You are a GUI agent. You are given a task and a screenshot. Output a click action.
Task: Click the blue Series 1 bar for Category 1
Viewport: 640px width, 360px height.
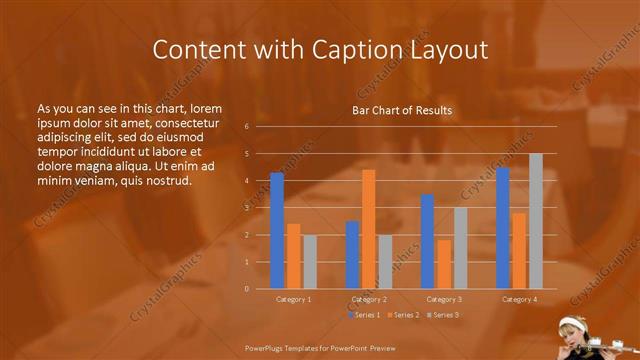tap(277, 231)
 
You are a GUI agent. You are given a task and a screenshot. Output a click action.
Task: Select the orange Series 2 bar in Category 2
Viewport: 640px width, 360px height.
tap(368, 229)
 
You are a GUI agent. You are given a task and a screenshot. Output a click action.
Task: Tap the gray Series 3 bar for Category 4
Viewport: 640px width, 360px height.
tap(536, 221)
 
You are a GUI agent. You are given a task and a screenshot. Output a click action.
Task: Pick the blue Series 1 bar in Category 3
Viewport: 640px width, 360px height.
tap(427, 242)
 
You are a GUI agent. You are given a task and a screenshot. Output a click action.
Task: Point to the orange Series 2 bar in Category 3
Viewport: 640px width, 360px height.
tap(444, 264)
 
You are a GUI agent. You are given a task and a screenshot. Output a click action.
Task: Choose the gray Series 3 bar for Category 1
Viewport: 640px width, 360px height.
tap(310, 262)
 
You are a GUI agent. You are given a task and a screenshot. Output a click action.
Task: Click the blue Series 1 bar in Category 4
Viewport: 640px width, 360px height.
tap(503, 228)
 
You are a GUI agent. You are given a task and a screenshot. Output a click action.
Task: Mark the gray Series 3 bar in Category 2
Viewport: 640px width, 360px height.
tap(385, 262)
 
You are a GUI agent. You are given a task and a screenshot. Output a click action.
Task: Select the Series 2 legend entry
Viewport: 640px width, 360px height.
tap(403, 315)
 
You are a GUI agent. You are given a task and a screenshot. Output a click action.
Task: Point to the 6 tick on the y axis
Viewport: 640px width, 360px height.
tap(246, 127)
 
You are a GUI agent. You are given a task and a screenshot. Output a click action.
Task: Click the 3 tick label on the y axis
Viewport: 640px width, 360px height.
tap(246, 208)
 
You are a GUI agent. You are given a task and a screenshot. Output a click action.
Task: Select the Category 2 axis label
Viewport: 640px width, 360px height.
tap(369, 299)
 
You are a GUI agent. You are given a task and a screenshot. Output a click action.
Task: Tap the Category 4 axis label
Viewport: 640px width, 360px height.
tap(519, 299)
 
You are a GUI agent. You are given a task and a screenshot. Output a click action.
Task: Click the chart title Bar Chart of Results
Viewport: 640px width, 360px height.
tap(402, 110)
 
